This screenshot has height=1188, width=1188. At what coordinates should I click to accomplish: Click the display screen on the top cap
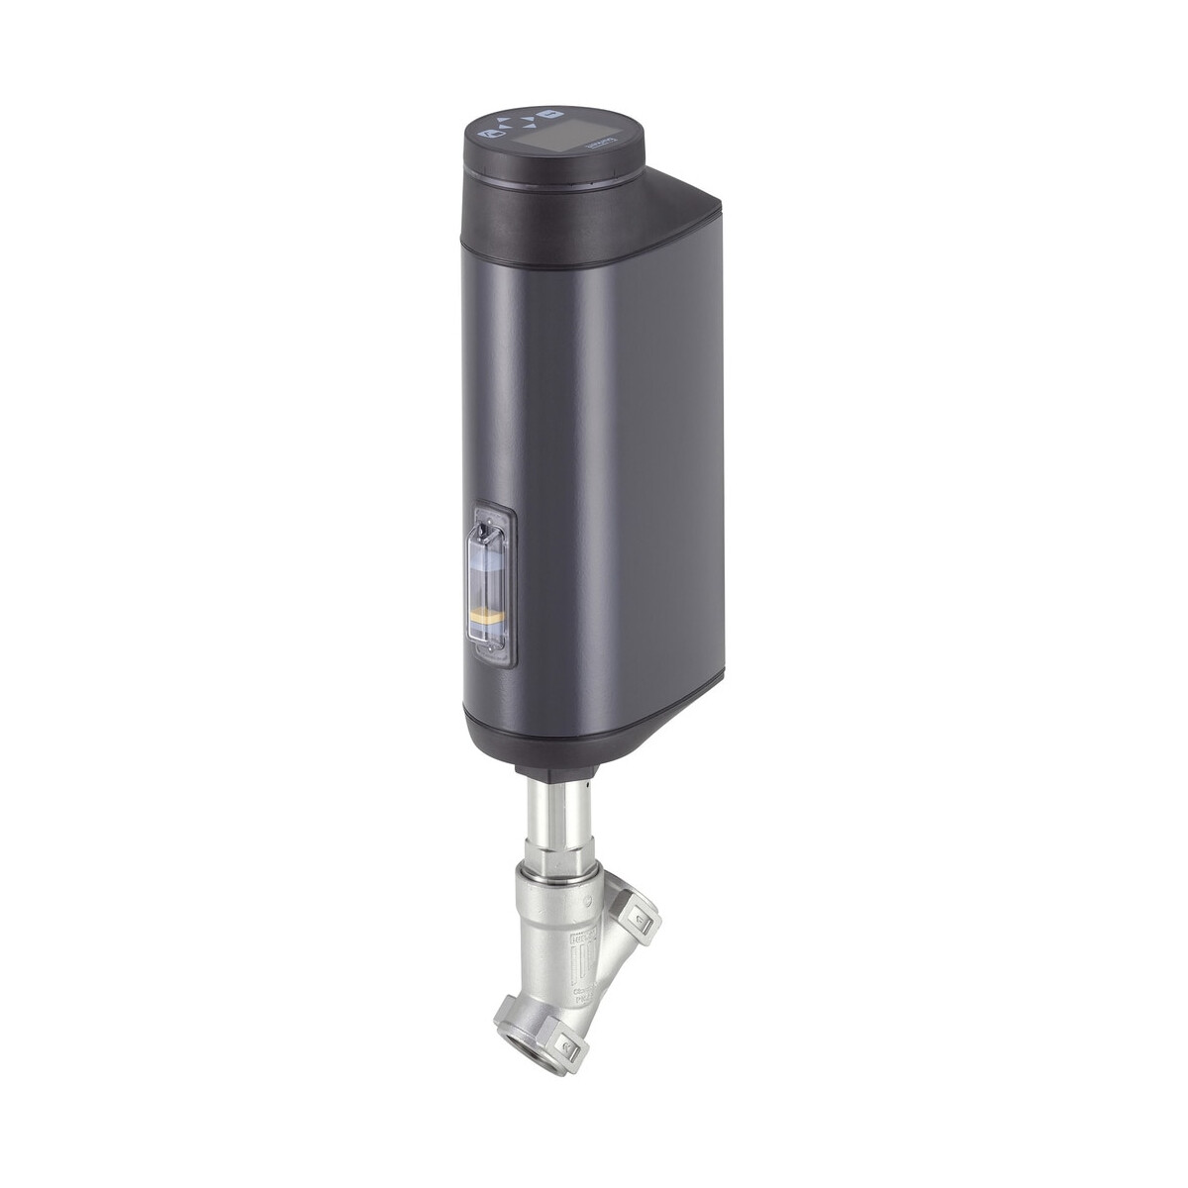pyautogui.click(x=565, y=133)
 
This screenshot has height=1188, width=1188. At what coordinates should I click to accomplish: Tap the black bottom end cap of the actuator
pyautogui.click(x=554, y=734)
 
